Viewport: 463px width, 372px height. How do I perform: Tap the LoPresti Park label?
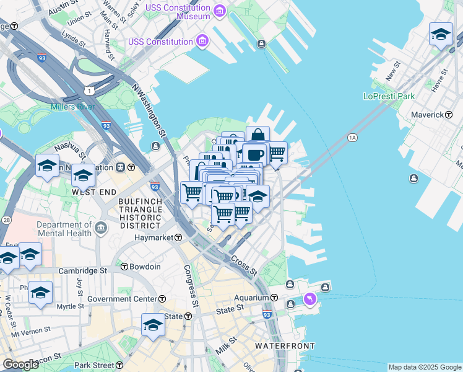[x=389, y=97]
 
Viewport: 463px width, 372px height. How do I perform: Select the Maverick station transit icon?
[x=457, y=115]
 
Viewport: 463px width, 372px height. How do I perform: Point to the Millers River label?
[x=73, y=107]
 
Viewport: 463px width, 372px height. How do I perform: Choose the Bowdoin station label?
[x=145, y=267]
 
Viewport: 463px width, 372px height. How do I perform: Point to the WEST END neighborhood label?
[x=92, y=192]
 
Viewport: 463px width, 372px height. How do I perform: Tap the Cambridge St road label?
[x=83, y=271]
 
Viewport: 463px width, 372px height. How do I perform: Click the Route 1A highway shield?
[x=353, y=137]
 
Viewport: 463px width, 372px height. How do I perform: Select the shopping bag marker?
[x=257, y=135]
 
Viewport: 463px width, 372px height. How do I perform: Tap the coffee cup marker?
[x=254, y=153]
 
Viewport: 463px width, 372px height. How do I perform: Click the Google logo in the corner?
[x=20, y=365]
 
